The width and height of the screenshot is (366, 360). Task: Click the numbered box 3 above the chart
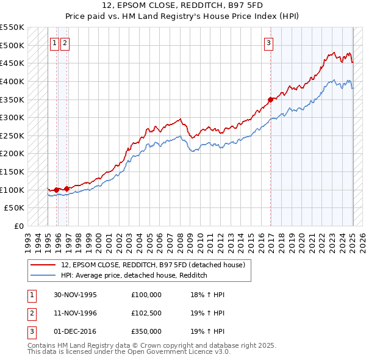click(268, 43)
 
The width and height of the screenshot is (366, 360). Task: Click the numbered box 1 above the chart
click(55, 43)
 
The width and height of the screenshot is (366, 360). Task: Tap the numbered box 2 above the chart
click(65, 43)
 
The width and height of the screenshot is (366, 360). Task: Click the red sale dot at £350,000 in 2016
click(270, 99)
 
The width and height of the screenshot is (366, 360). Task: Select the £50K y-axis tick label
click(15, 208)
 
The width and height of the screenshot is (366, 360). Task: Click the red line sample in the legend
click(43, 265)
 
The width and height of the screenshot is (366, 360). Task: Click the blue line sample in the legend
click(43, 275)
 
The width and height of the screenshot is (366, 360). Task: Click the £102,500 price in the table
click(146, 313)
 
